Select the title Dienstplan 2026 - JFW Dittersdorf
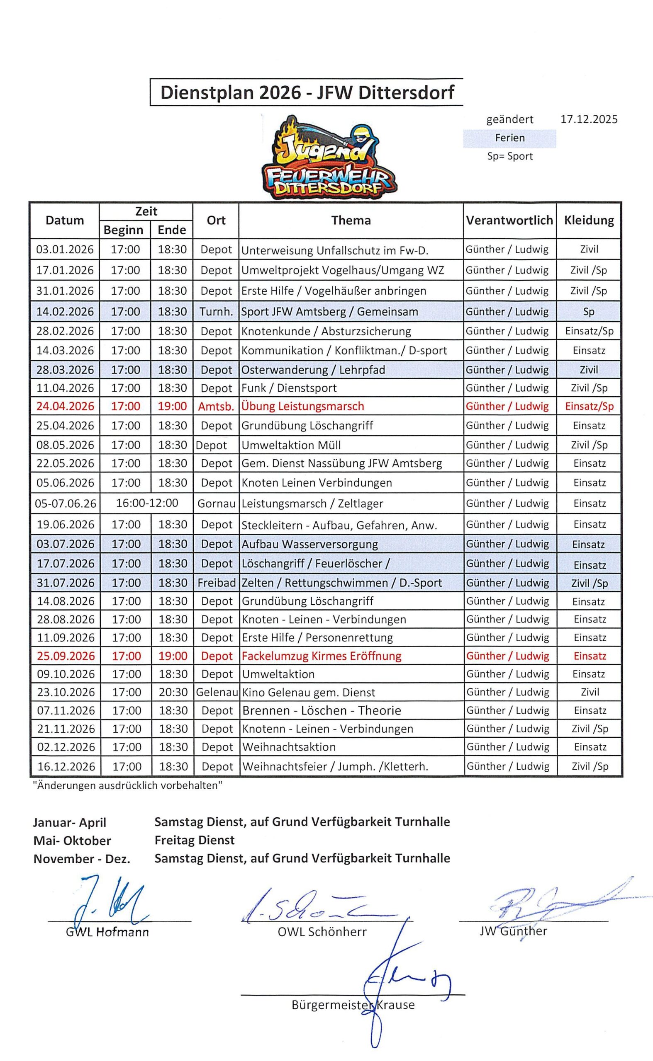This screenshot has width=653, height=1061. coord(307,93)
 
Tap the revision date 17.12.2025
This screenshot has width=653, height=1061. coord(589,119)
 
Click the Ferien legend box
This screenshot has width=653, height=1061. coord(509,138)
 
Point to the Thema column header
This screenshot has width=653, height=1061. coord(351,220)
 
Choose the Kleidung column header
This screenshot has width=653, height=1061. coord(589,220)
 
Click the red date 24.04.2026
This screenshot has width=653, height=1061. coord(65,407)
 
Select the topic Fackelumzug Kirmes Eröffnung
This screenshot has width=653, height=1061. coord(322,656)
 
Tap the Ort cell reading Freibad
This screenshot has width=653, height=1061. coord(217,583)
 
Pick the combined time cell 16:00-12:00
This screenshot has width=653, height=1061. coord(147,503)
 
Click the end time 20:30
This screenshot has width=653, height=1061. coord(173,693)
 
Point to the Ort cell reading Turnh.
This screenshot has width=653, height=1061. coord(216,312)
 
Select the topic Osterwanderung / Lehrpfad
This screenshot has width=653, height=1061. coord(313,370)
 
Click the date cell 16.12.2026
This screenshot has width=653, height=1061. coord(66,766)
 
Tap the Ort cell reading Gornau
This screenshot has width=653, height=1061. coord(217,504)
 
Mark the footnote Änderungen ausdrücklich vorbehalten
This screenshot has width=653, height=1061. coord(127,786)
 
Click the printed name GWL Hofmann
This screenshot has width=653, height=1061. coord(107,933)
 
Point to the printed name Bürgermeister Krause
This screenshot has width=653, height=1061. coord(353,1005)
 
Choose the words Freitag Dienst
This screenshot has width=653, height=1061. coord(194,841)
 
